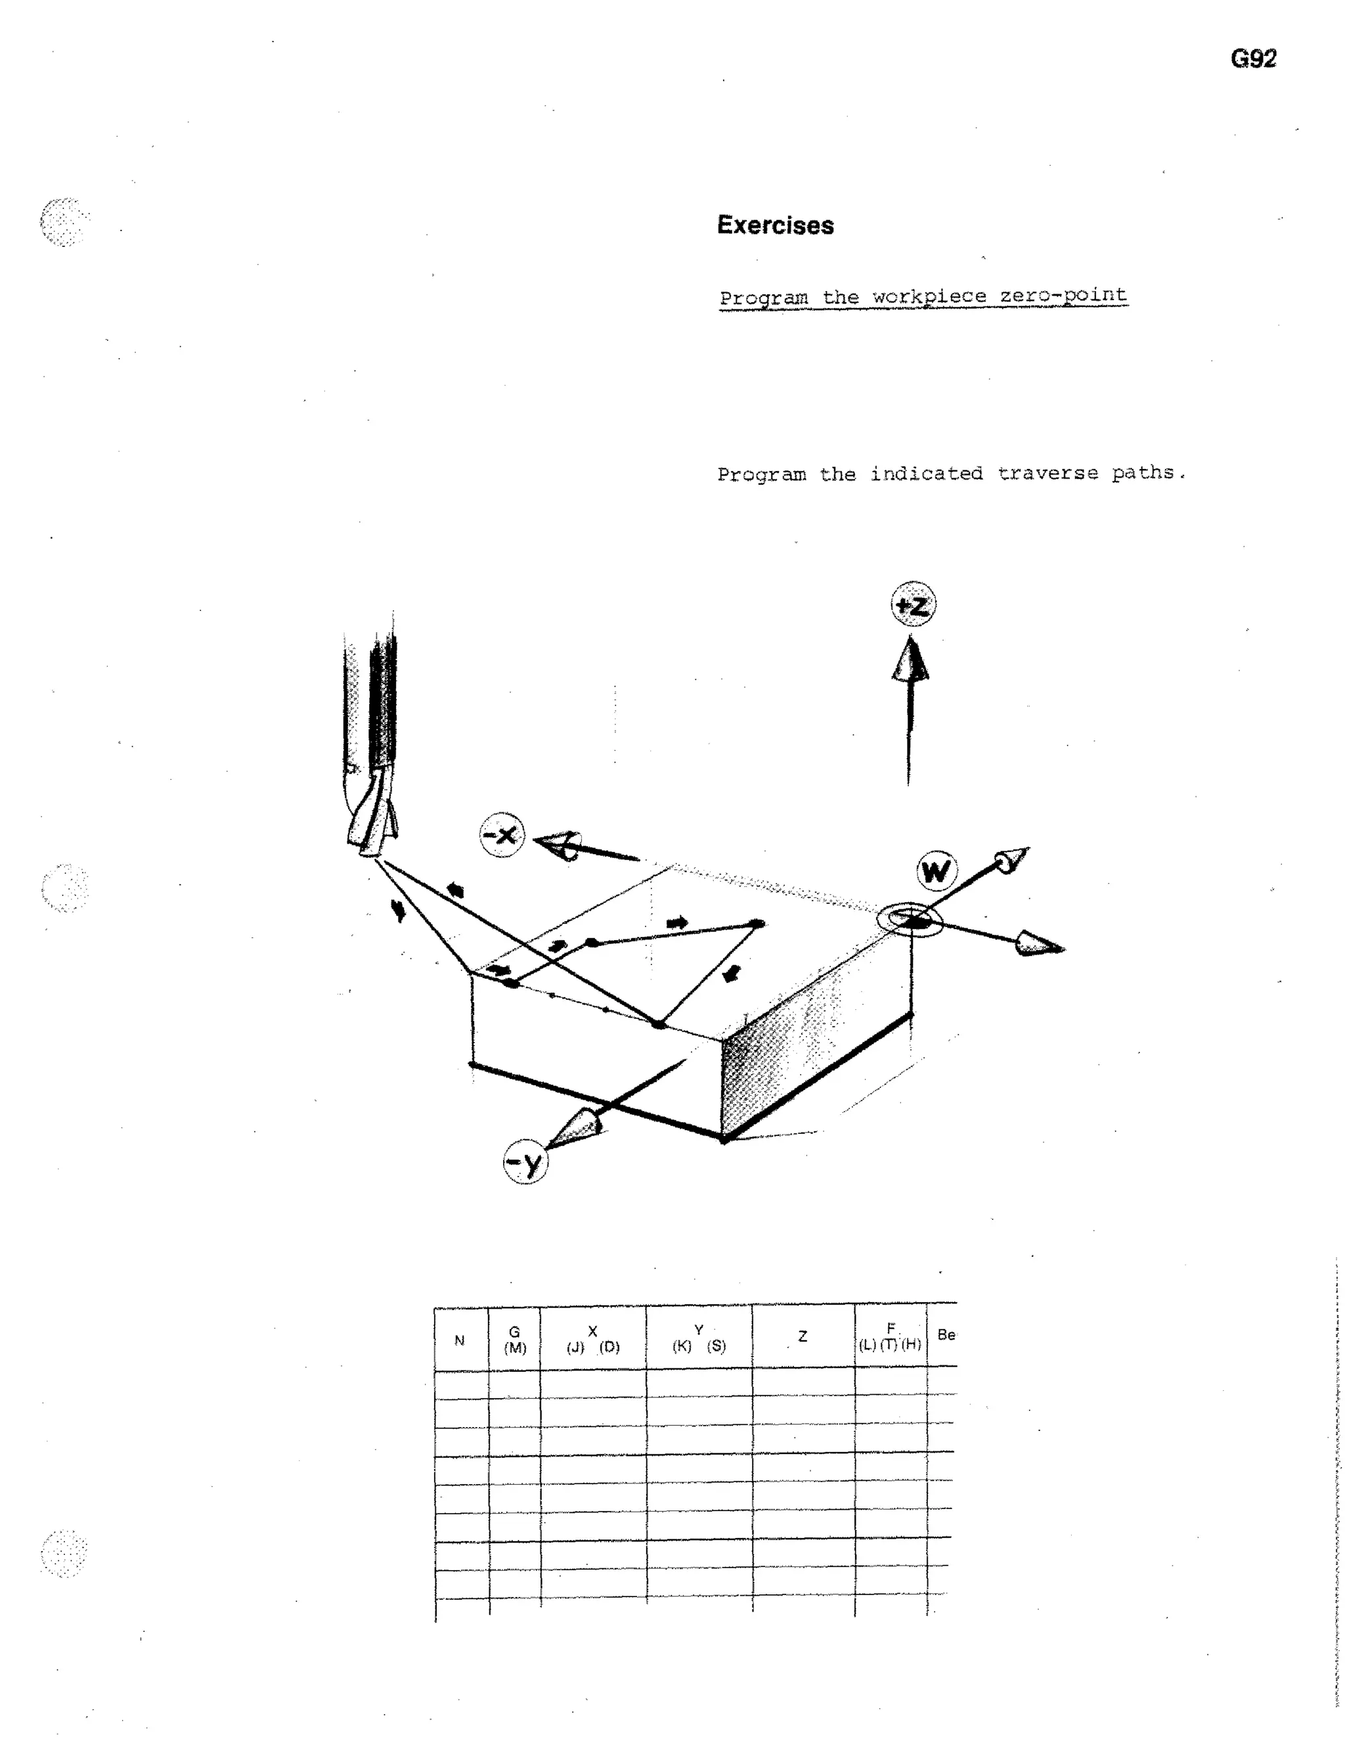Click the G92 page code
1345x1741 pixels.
pyautogui.click(x=1252, y=59)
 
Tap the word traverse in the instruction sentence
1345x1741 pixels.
pyautogui.click(x=1047, y=473)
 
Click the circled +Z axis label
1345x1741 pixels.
pyautogui.click(x=913, y=604)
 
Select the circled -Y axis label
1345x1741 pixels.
pyautogui.click(x=525, y=1162)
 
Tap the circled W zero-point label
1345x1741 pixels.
pyautogui.click(x=937, y=870)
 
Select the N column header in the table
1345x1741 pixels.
pyautogui.click(x=459, y=1340)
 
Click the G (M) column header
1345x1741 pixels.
pyautogui.click(x=515, y=1339)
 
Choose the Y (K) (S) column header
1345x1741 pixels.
pyautogui.click(x=698, y=1338)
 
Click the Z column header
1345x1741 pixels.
pyautogui.click(x=803, y=1337)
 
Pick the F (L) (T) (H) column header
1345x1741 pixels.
pyautogui.click(x=890, y=1336)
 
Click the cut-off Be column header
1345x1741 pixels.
pyautogui.click(x=946, y=1334)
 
